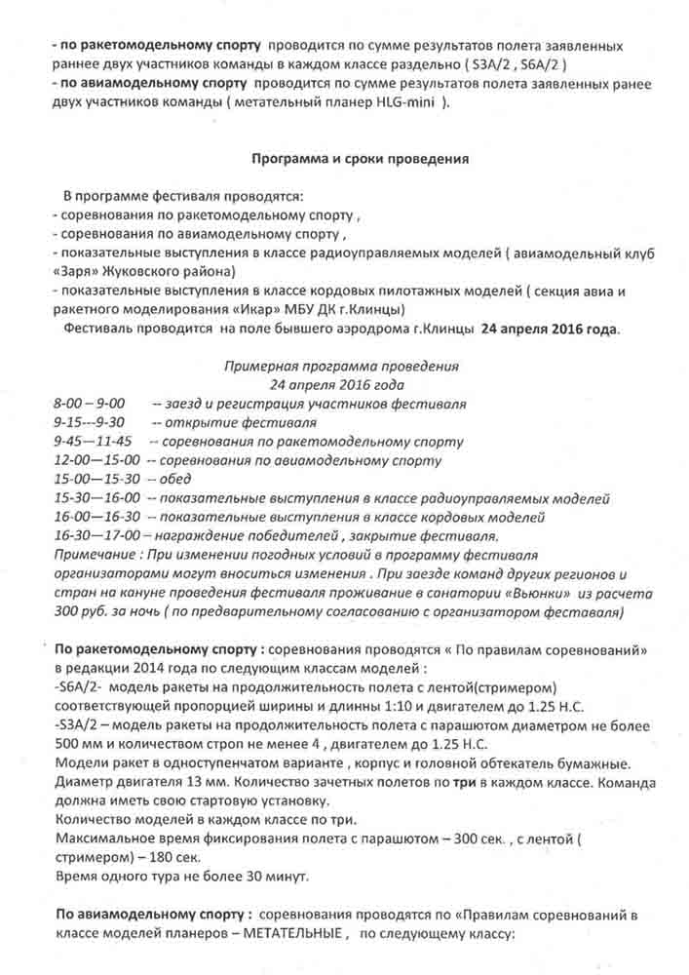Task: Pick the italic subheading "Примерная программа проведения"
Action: [x=341, y=367]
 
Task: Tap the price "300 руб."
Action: [x=86, y=610]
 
